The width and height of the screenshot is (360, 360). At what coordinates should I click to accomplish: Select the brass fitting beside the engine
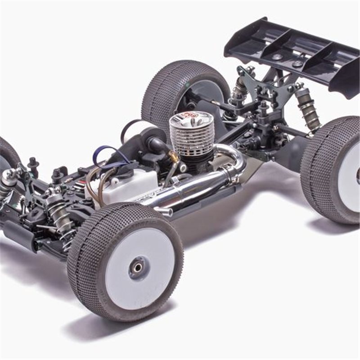coord(174,157)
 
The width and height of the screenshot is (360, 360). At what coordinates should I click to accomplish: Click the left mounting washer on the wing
coord(277,57)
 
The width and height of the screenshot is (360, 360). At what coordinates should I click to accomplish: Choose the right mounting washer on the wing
coord(297,64)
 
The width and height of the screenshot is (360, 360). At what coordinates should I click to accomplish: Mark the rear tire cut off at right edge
coord(331,169)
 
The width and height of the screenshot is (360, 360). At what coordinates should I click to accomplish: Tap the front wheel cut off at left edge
coord(7,155)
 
